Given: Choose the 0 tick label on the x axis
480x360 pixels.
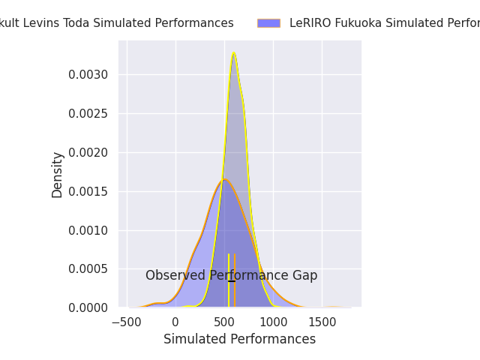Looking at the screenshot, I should [175, 322].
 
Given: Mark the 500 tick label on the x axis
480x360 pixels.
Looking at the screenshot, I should [224, 322].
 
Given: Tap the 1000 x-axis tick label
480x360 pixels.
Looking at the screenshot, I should [273, 322].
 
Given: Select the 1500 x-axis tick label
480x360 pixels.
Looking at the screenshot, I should [322, 322].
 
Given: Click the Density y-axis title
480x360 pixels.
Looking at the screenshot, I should [58, 175].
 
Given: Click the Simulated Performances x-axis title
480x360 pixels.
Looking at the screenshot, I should [239, 339].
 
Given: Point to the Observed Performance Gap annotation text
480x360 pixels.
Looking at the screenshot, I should [231, 275].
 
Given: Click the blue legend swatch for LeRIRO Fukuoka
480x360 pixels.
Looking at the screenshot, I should [268, 23].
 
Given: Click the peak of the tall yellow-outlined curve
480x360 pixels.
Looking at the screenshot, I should [234, 53].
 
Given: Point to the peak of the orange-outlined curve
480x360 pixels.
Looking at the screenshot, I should [224, 179].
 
